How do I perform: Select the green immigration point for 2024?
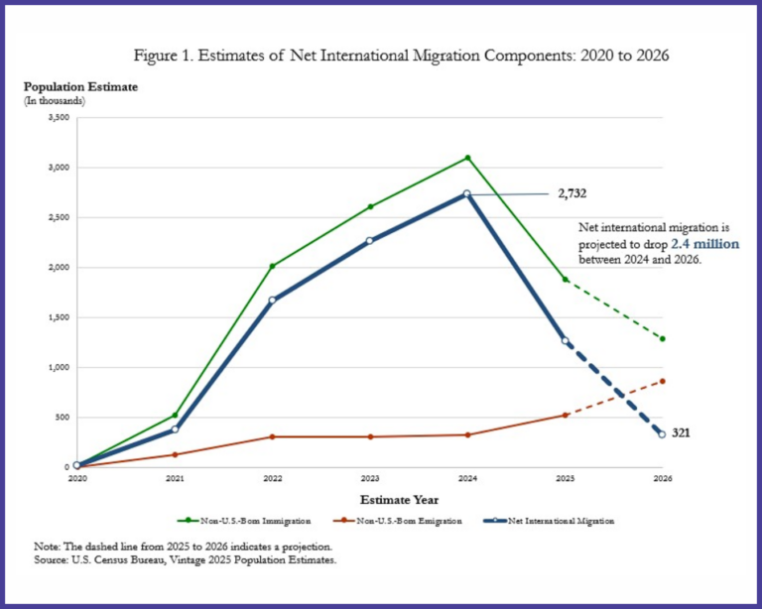(x=466, y=158)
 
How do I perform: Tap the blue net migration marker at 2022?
(x=272, y=300)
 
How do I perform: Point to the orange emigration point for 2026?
(x=662, y=381)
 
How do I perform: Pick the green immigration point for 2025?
(x=565, y=280)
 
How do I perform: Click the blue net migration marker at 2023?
(x=369, y=241)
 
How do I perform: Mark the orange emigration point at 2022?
(x=272, y=436)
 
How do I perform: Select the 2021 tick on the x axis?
(x=175, y=478)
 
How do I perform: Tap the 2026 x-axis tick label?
(x=662, y=478)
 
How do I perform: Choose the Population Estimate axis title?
(x=80, y=86)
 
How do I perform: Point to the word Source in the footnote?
(x=49, y=561)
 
